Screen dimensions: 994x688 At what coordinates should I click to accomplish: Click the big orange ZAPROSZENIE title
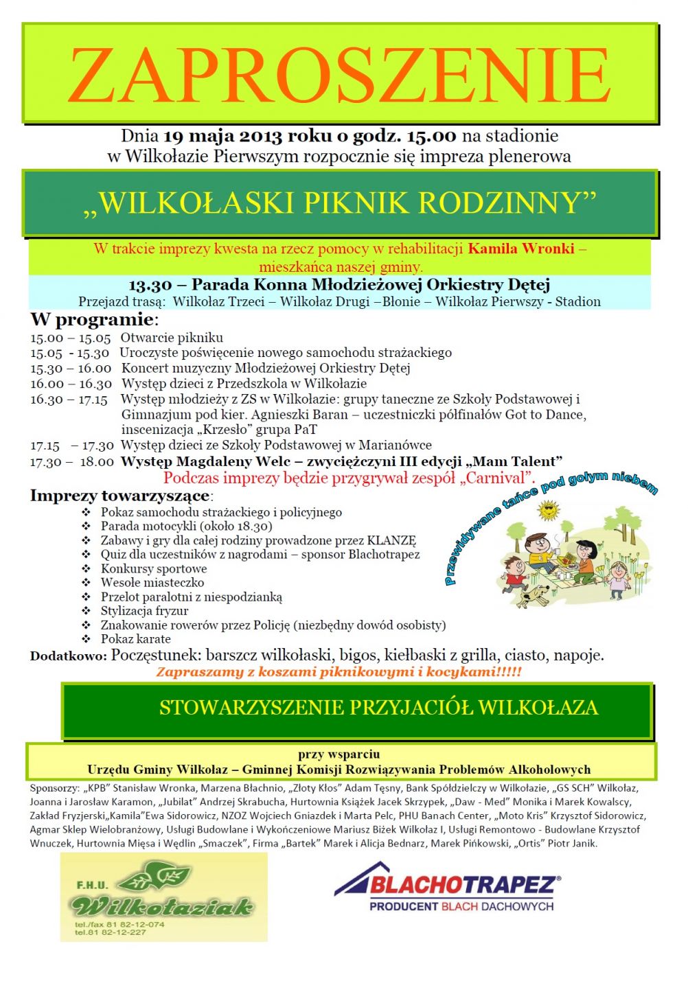339,74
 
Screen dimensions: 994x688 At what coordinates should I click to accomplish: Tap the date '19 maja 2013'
223,136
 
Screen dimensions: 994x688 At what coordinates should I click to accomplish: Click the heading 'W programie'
92,320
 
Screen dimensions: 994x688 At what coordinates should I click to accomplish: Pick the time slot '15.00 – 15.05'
70,338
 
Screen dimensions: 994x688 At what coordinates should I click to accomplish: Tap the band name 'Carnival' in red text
498,478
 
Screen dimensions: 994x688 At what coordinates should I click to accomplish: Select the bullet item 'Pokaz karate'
136,639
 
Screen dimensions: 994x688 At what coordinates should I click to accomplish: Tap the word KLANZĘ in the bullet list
391,541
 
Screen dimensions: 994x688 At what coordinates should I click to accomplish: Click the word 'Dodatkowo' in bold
67,656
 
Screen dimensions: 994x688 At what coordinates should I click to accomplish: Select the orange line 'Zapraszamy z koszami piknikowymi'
339,672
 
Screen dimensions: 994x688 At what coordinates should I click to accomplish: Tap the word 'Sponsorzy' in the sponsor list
53,788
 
